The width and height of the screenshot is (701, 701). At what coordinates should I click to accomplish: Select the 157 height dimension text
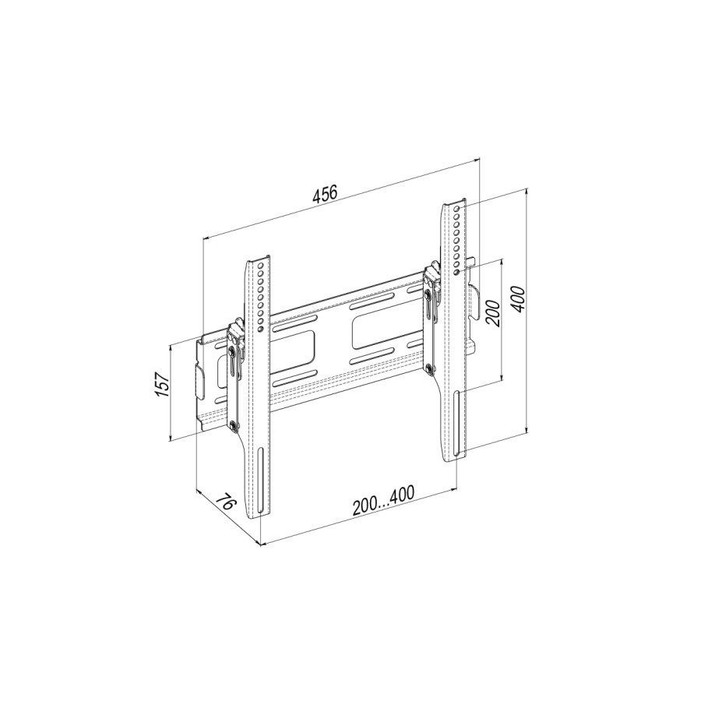[x=162, y=384]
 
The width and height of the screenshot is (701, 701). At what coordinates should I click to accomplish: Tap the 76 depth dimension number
[x=225, y=505]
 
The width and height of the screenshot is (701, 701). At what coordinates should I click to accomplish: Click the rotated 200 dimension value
[x=492, y=313]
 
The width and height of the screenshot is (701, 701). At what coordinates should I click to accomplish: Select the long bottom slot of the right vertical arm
[x=456, y=424]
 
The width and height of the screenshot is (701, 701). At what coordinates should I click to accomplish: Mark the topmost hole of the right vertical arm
[x=456, y=209]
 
